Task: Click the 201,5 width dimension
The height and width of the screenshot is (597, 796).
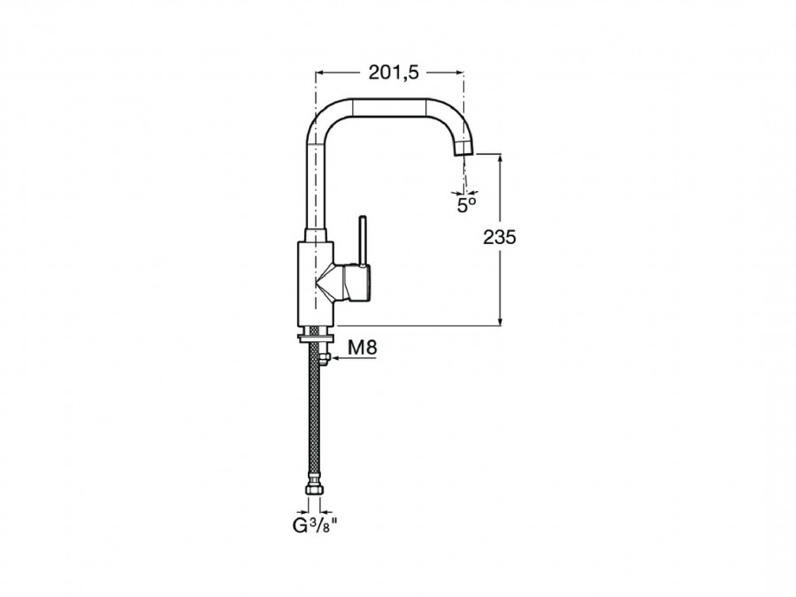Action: click(394, 73)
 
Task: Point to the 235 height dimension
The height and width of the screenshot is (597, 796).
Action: click(500, 237)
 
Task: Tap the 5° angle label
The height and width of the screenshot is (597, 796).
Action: click(466, 205)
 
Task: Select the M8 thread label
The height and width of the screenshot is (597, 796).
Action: click(363, 348)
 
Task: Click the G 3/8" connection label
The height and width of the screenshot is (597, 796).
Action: click(315, 525)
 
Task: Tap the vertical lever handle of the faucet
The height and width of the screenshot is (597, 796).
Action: click(363, 241)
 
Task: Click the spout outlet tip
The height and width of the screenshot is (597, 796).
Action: click(463, 149)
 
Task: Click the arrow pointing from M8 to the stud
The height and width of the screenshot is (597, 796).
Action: click(353, 358)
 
